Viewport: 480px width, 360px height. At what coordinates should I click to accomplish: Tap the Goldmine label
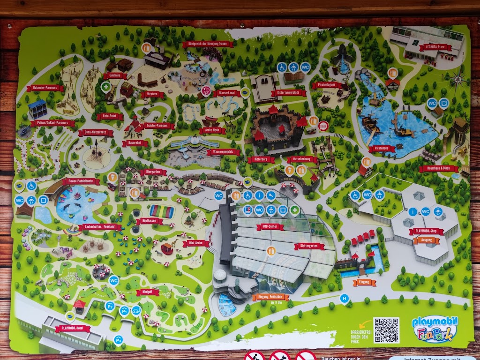(115, 75)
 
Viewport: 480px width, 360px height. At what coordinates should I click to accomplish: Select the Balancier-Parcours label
(45, 88)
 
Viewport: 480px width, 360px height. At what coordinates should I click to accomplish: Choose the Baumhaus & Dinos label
(438, 168)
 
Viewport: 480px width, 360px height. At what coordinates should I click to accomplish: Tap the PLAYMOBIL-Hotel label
(72, 329)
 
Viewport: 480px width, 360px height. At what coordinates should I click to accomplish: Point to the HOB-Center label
(270, 227)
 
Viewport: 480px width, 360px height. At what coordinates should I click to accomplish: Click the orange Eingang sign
(365, 282)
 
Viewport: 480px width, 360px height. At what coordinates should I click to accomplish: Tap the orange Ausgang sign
(427, 240)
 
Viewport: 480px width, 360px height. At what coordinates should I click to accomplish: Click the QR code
(386, 330)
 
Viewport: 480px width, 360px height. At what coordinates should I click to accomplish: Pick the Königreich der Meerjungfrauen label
(207, 45)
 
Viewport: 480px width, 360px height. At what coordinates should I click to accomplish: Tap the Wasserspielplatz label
(223, 152)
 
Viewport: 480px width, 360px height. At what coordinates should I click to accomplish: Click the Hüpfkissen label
(150, 221)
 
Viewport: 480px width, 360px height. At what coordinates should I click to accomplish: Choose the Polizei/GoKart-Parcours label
(52, 123)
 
